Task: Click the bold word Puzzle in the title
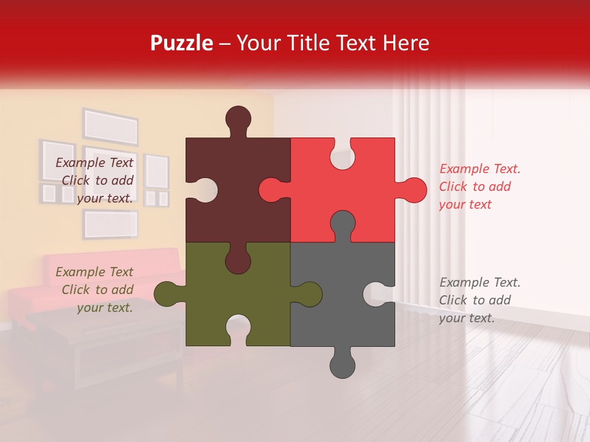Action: point(181,43)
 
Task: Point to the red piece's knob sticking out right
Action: point(413,190)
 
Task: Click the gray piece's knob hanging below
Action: point(342,365)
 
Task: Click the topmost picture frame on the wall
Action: point(111,127)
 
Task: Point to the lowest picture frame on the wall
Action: point(111,224)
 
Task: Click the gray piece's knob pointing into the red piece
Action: point(342,224)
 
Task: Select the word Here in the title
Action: point(406,43)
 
